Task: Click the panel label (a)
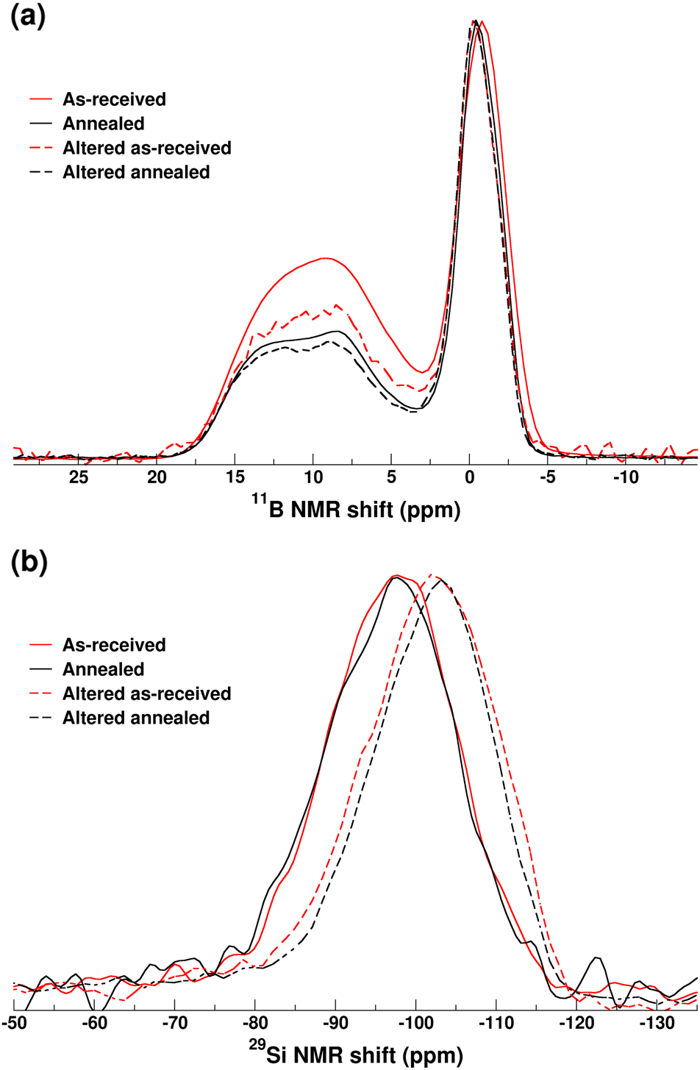[x=27, y=17]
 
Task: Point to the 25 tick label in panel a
[x=79, y=477]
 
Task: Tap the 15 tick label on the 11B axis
[x=235, y=477]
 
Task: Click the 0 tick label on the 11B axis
[x=469, y=477]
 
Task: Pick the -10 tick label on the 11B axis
[x=624, y=477]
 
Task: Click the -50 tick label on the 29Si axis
[x=15, y=1024]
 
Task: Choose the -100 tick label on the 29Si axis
[x=415, y=1024]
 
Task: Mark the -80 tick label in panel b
[x=255, y=1024]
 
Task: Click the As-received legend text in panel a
[x=114, y=99]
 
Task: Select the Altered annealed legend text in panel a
[x=136, y=172]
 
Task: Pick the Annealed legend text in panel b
[x=103, y=669]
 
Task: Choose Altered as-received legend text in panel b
[x=146, y=693]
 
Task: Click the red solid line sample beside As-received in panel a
[x=40, y=99]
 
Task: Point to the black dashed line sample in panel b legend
[x=40, y=718]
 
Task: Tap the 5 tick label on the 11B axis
[x=391, y=477]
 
